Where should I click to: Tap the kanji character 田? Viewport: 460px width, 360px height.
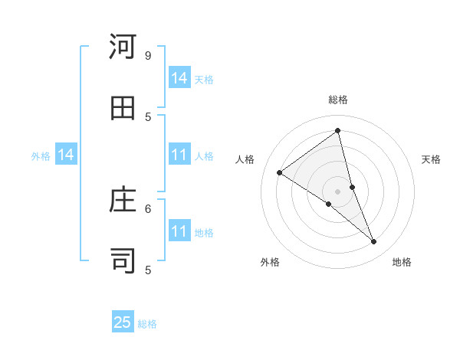pos(123,108)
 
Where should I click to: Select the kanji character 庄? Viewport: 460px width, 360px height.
pos(123,201)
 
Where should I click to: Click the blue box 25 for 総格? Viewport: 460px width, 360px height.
pos(123,322)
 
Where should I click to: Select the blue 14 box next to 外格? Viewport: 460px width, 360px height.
pos(66,155)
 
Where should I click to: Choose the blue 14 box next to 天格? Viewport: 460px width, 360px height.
pos(179,78)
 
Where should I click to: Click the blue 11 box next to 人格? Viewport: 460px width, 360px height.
pos(179,155)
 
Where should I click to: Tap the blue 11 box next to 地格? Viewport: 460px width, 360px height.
pos(179,231)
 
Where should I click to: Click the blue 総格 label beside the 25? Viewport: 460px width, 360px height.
pos(147,324)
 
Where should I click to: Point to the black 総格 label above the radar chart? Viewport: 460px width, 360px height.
pos(338,100)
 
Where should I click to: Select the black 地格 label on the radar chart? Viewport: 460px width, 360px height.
pos(402,262)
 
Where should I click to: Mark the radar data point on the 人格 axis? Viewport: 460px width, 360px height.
pos(279,172)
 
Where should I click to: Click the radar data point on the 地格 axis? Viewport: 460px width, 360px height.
pos(374,242)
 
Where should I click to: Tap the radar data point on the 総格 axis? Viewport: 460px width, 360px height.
pos(338,130)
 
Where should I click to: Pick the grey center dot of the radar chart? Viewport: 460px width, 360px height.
pos(338,191)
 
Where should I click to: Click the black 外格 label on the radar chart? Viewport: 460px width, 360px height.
pos(270,262)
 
